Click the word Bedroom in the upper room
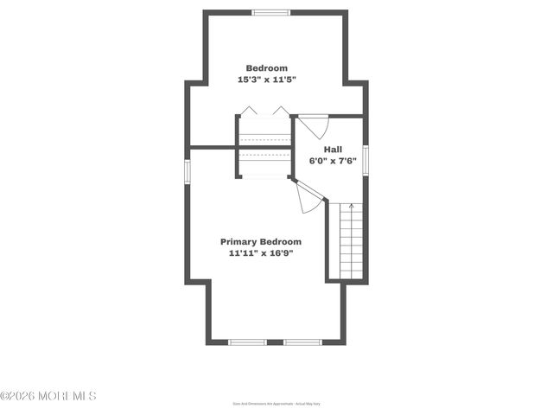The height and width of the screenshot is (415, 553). [x=266, y=68]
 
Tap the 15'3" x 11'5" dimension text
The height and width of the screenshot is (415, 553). [x=266, y=80]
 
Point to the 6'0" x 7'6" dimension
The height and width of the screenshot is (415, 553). [x=333, y=161]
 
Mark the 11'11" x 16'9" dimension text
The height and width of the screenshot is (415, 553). [x=261, y=254]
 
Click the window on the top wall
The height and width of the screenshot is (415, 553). [x=270, y=12]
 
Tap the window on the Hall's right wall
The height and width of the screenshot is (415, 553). [x=365, y=160]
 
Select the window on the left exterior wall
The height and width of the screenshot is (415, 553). [x=187, y=169]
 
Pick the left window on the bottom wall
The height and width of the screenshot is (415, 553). [x=247, y=342]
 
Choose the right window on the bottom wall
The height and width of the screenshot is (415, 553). [x=302, y=342]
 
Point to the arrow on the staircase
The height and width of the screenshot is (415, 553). [x=351, y=207]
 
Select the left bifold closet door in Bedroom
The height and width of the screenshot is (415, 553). [x=248, y=111]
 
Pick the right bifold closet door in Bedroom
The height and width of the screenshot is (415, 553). [x=281, y=111]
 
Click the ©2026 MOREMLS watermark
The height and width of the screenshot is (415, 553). [x=48, y=396]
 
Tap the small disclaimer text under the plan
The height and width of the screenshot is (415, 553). [x=276, y=403]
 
